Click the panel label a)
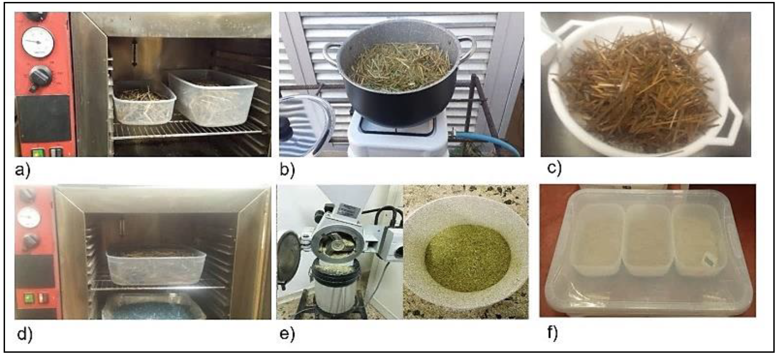[x=23, y=171]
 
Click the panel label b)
[x=287, y=170]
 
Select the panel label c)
[x=554, y=168]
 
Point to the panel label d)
[x=25, y=334]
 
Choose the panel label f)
[x=553, y=333]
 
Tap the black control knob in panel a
[x=40, y=77]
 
